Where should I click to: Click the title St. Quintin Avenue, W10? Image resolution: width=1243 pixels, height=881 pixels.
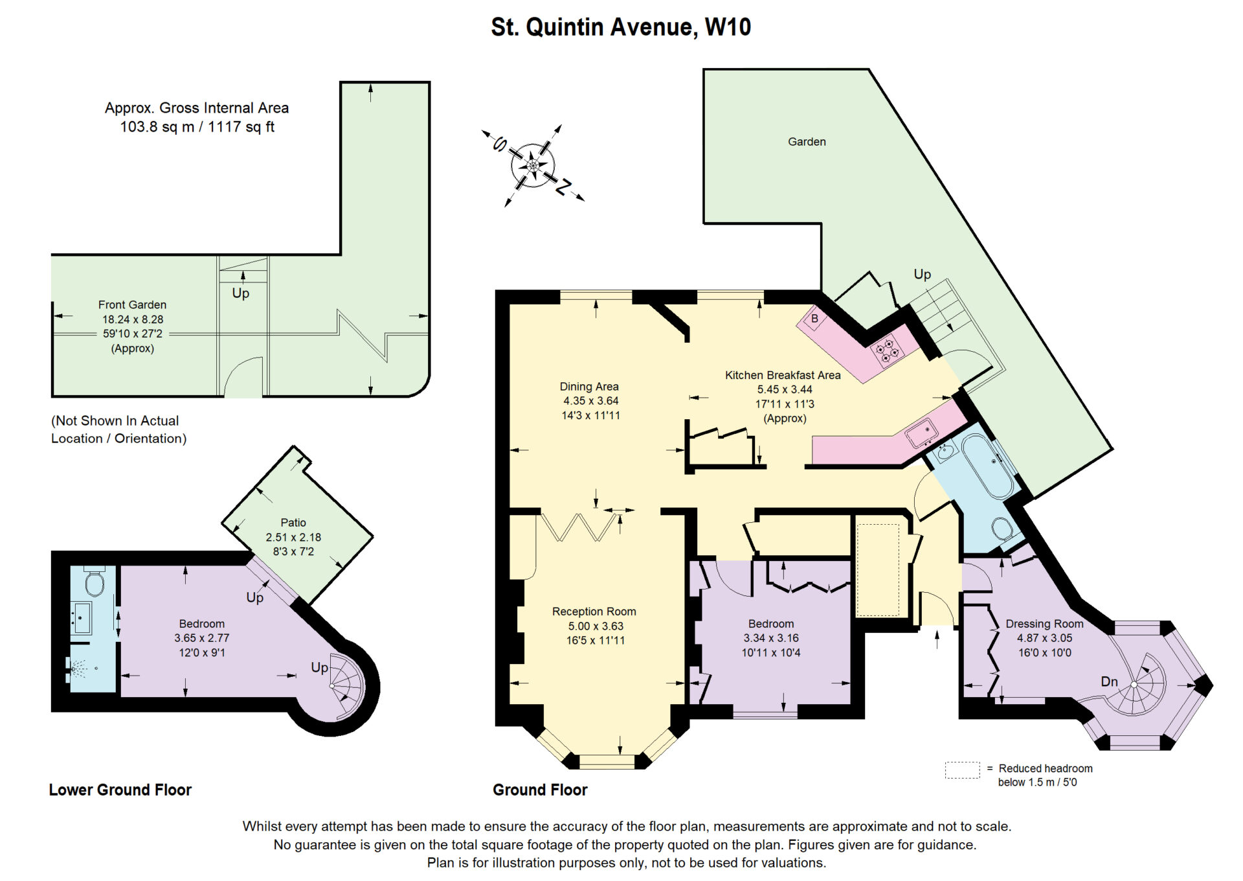pos(621,27)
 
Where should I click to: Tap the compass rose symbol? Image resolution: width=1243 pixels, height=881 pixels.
pos(533,166)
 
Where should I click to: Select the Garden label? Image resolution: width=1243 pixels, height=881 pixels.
pos(807,142)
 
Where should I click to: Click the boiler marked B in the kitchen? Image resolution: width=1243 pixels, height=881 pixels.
pos(814,319)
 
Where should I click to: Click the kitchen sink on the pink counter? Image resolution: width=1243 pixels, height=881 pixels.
pos(921,433)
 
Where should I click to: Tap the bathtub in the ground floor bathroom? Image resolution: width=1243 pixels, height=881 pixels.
pos(988,466)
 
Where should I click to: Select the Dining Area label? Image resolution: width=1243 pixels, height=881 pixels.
pos(589,387)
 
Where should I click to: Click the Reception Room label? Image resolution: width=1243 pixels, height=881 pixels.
pos(594,612)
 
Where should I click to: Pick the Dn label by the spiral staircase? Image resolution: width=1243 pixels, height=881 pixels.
pos(1109,681)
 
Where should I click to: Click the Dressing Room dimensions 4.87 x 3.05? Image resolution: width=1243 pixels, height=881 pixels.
pos(1044,638)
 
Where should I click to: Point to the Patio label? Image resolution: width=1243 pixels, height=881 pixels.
pos(293,523)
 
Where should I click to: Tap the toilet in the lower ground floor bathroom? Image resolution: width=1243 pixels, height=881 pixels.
pos(95,582)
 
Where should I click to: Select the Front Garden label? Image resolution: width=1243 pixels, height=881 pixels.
pos(132,304)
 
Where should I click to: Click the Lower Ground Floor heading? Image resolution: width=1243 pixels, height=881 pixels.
pos(120,790)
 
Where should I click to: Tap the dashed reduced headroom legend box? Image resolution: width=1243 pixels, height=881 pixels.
pos(962,770)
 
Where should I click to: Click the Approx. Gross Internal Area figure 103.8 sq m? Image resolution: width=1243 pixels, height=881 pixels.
pos(157,127)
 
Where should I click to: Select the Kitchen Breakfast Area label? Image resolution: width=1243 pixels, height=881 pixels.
pos(783,375)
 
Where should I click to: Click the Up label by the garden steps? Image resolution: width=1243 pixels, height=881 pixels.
pos(922,275)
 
